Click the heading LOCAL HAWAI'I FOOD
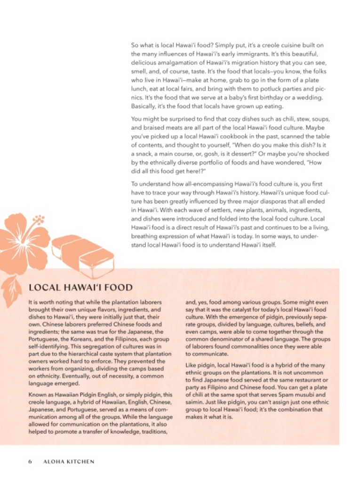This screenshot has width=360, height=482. click(x=80, y=287)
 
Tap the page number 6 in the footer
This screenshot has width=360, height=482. click(x=30, y=461)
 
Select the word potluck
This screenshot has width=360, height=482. click(x=265, y=88)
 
